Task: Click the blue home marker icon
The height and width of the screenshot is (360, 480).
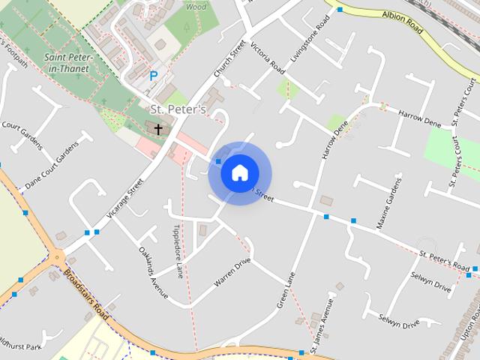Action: pos(239,172)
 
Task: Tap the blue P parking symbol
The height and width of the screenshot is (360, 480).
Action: pos(154,76)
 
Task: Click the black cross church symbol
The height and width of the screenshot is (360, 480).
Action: pos(158,129)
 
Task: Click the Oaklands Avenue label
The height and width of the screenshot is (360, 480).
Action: pos(153,271)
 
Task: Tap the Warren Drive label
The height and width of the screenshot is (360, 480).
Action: pos(232,272)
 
